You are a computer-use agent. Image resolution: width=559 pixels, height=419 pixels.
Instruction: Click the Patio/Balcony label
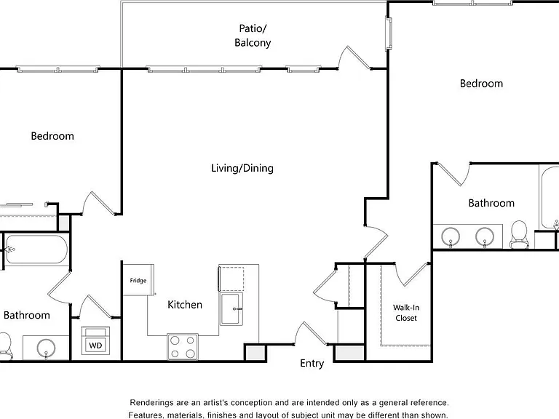click(253, 36)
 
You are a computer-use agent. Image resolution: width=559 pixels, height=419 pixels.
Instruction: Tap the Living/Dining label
click(242, 168)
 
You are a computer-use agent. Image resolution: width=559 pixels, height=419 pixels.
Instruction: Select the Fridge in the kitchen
click(138, 279)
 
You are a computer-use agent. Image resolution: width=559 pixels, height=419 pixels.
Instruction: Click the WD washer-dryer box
click(95, 341)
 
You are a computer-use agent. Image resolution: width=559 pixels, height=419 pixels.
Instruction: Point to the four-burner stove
click(183, 347)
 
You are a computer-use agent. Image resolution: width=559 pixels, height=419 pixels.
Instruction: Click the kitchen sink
click(231, 308)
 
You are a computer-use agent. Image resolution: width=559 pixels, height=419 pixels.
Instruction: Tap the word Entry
click(312, 364)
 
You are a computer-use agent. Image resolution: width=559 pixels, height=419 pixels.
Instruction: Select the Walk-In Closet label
click(406, 313)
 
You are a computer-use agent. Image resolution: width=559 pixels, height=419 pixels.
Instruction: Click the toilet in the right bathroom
click(519, 234)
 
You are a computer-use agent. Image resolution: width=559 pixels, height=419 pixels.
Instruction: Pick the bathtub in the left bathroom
click(36, 249)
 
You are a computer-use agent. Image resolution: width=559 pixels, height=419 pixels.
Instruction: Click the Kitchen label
click(185, 305)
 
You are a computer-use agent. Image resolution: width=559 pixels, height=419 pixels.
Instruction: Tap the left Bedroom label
click(52, 136)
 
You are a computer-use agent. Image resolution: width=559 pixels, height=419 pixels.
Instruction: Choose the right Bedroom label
click(481, 84)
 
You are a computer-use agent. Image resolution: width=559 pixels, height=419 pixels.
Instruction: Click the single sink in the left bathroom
click(46, 348)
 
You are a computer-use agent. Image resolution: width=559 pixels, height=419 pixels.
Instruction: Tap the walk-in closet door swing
click(416, 275)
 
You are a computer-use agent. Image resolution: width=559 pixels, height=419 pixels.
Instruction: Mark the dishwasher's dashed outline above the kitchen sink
click(231, 279)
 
